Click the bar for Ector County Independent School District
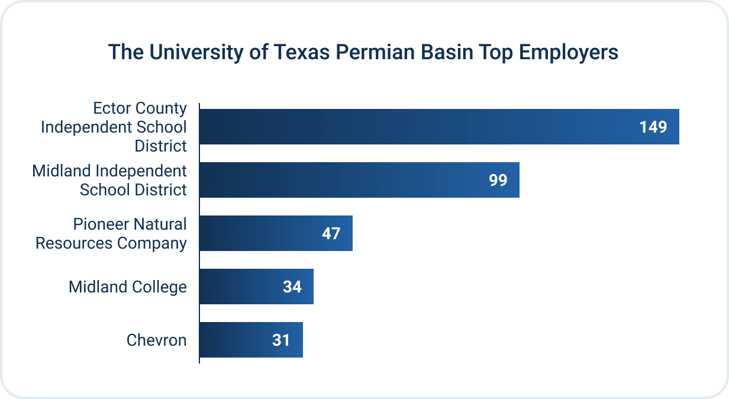coord(438,127)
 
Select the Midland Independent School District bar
coord(359,180)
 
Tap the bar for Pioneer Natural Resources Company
coord(275,233)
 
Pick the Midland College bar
coord(256,287)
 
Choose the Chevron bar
coord(250,340)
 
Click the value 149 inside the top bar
coord(653,127)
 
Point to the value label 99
coord(498,181)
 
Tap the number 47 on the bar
coord(331,234)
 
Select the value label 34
coord(292,287)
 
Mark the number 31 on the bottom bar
coord(281,340)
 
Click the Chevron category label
coord(156,340)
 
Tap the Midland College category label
coord(127,287)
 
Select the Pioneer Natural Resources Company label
coord(111,234)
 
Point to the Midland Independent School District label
coord(109,181)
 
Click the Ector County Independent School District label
coord(114,127)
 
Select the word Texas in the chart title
coord(304,53)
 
